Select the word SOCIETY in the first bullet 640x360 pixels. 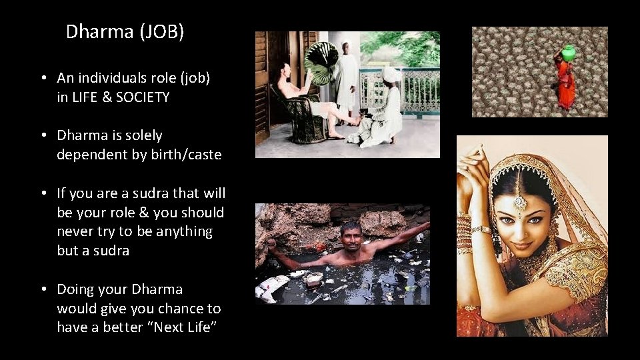click(143, 97)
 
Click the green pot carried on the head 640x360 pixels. click(567, 53)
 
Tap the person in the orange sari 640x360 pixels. click(565, 83)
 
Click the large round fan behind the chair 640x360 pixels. click(321, 63)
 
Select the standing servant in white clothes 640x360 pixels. click(347, 80)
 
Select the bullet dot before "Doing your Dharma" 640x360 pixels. click(43, 290)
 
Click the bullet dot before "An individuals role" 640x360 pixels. click(43, 79)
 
